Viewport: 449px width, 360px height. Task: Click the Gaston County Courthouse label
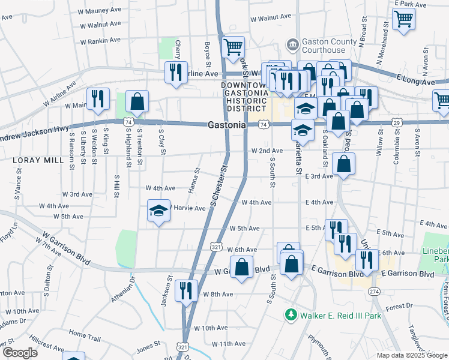[324, 46]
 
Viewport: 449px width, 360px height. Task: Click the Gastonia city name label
[227, 125]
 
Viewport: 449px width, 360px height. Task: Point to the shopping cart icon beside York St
[233, 47]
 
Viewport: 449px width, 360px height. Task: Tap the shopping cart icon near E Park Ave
[404, 19]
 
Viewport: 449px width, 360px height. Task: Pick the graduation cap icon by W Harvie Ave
[159, 211]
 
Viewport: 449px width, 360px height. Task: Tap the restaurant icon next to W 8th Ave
[187, 290]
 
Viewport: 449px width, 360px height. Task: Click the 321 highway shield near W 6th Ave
[217, 246]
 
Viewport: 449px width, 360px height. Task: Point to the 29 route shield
[396, 123]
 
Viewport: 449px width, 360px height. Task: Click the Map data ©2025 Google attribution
[412, 355]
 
